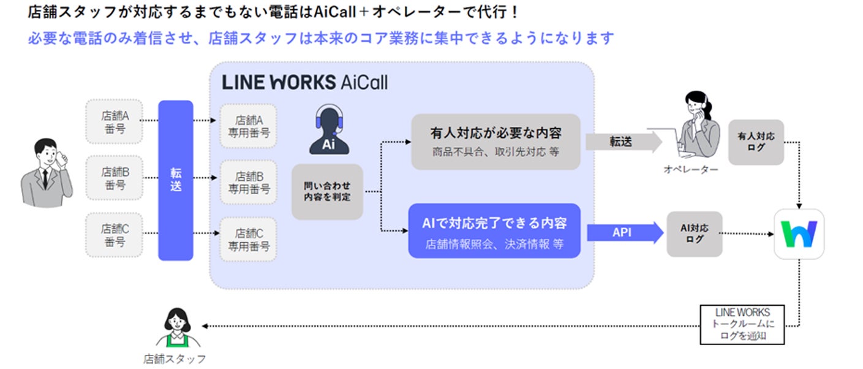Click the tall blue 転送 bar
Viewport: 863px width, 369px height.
pyautogui.click(x=176, y=181)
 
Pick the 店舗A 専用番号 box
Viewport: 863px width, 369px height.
pyautogui.click(x=249, y=126)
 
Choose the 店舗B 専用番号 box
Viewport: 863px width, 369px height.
pyautogui.click(x=249, y=182)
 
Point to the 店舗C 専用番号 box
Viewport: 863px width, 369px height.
pyautogui.click(x=249, y=239)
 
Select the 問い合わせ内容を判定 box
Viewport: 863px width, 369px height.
pyautogui.click(x=327, y=191)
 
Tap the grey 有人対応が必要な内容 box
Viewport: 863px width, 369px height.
pyautogui.click(x=495, y=141)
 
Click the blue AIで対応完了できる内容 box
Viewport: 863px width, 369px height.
pyautogui.click(x=494, y=230)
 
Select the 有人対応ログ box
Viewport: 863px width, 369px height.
pyautogui.click(x=756, y=142)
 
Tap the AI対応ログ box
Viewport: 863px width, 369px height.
pyautogui.click(x=695, y=234)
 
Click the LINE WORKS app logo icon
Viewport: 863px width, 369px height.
pyautogui.click(x=799, y=234)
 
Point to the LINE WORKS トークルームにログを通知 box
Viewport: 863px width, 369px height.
pyautogui.click(x=742, y=324)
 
